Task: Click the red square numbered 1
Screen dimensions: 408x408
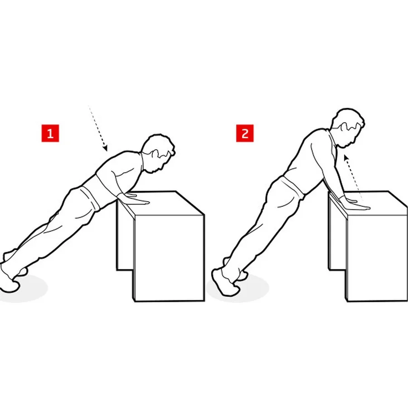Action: (50, 133)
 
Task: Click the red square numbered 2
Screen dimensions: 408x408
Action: (245, 133)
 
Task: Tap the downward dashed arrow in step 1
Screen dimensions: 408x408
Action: (98, 128)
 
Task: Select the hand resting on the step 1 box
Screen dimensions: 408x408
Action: (135, 198)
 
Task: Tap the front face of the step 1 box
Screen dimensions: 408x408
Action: (169, 257)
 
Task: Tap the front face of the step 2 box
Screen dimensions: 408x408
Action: (377, 257)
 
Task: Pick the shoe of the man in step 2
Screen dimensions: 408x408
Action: (225, 282)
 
